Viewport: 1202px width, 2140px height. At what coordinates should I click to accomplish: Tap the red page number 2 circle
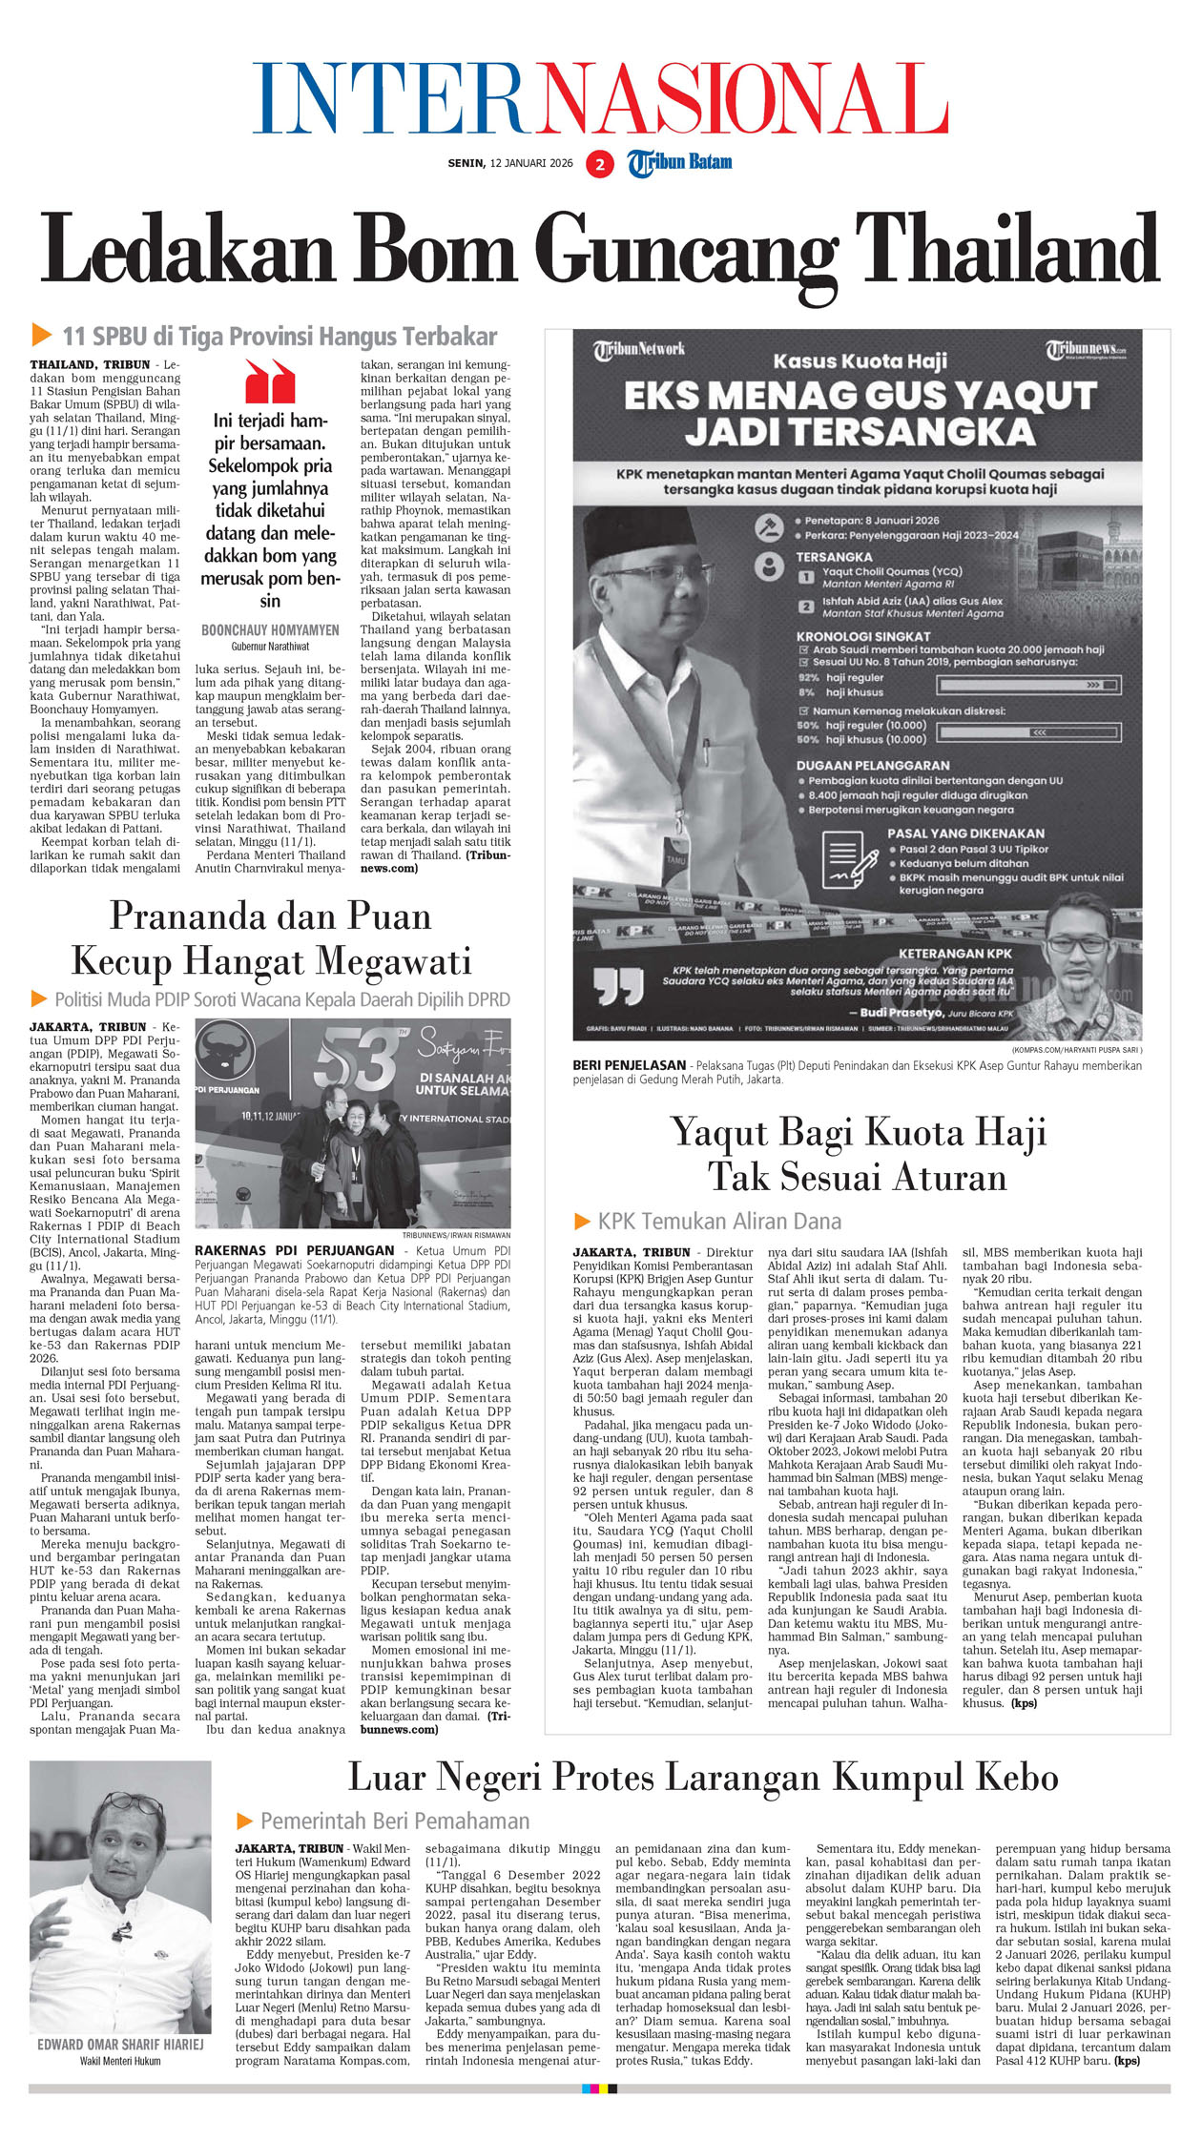tap(599, 164)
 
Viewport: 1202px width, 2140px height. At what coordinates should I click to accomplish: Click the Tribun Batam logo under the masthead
tap(679, 163)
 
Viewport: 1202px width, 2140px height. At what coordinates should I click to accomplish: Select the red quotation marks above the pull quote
tap(270, 381)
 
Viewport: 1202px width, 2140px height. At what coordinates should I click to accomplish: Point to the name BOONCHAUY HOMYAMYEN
tap(270, 630)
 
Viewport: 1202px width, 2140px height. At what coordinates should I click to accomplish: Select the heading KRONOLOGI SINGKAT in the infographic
tap(863, 636)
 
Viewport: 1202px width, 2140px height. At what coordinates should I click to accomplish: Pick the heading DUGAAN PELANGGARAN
tap(873, 765)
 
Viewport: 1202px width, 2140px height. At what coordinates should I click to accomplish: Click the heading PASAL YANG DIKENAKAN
tap(965, 833)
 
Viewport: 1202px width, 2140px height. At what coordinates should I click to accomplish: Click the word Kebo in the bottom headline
tap(1017, 1778)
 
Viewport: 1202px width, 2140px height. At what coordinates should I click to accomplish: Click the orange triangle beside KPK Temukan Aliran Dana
tap(582, 1221)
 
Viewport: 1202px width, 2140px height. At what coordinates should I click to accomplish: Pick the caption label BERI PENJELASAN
tap(629, 1065)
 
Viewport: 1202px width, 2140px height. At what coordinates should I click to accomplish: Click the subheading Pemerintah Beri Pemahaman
tap(394, 1821)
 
